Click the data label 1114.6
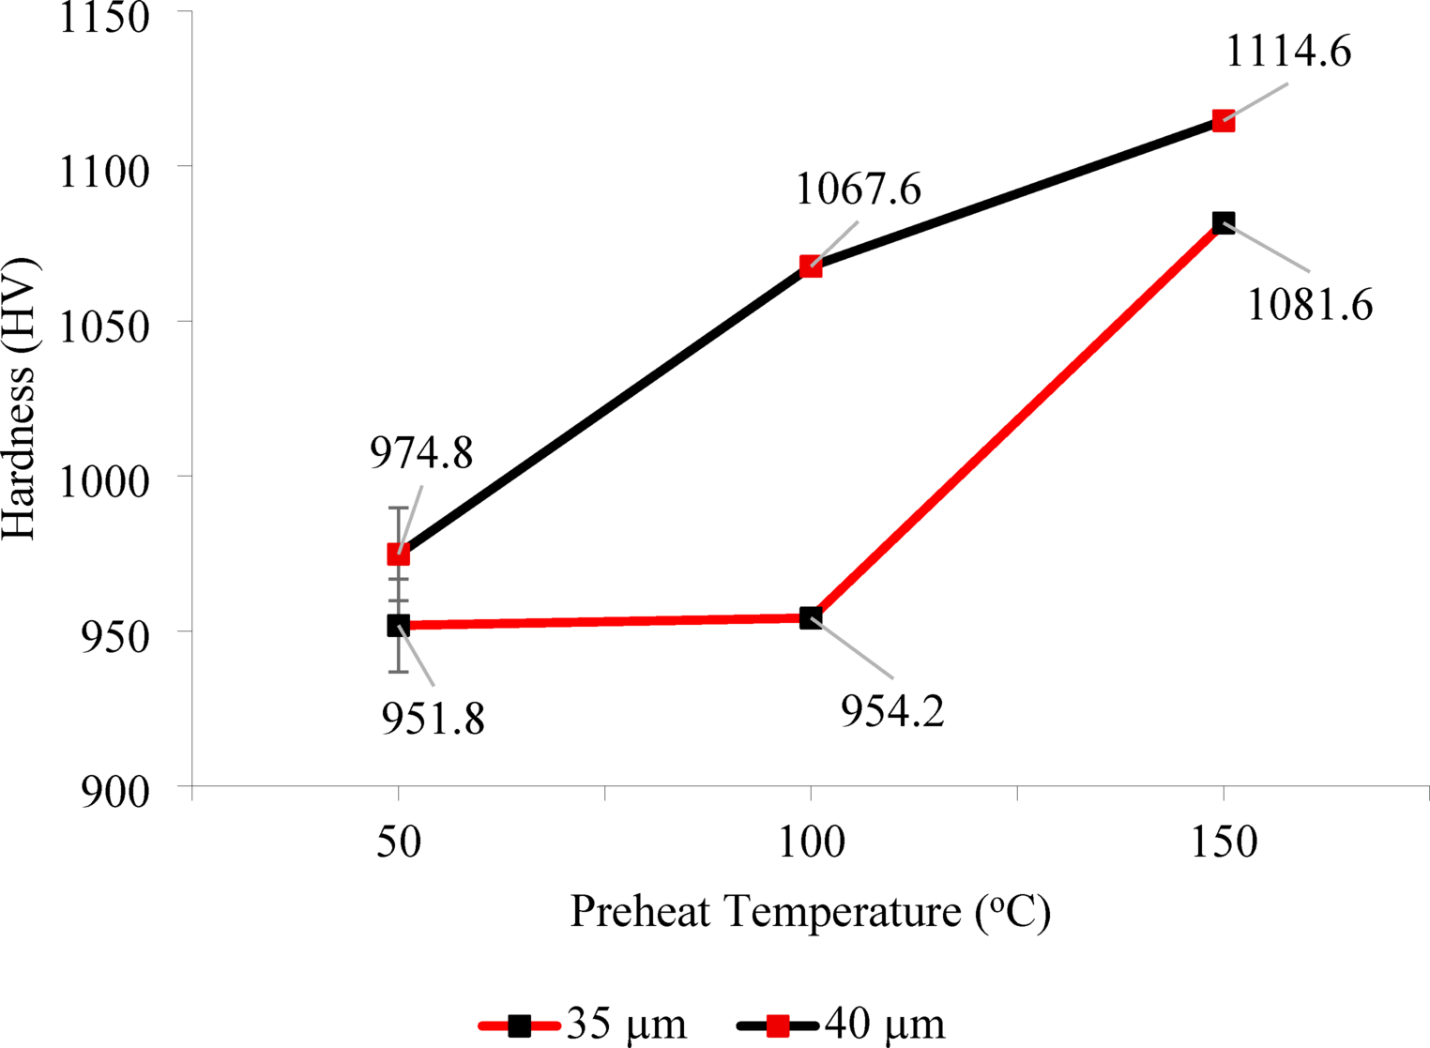click(1288, 52)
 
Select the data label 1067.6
click(858, 190)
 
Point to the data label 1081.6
click(1309, 305)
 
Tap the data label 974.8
click(420, 453)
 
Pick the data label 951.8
click(433, 719)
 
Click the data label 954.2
click(891, 712)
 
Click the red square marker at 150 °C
click(1223, 121)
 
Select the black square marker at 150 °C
click(1223, 222)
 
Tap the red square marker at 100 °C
click(811, 266)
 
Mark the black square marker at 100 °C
click(811, 617)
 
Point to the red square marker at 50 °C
click(399, 554)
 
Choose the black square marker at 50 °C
click(399, 626)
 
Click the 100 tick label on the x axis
click(811, 842)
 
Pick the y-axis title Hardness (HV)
click(19, 398)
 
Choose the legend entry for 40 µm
click(843, 1024)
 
